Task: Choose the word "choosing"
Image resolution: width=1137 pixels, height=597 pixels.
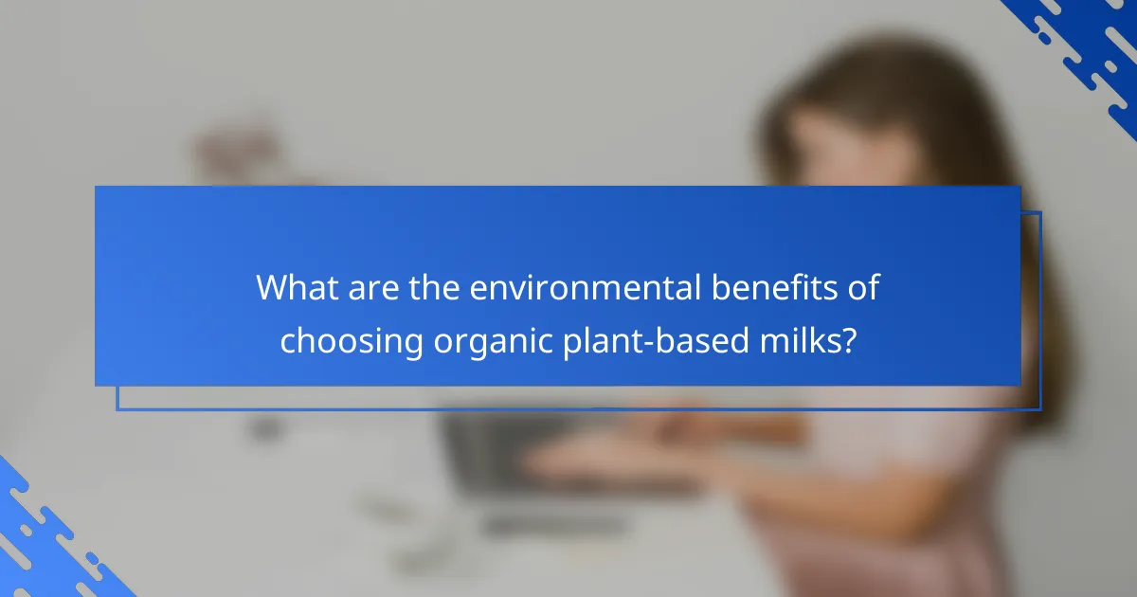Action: click(352, 340)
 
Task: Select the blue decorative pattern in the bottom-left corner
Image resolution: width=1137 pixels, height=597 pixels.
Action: click(47, 540)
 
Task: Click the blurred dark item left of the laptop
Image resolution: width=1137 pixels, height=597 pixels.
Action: click(265, 426)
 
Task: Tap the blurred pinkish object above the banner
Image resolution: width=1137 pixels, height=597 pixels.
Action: click(227, 152)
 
